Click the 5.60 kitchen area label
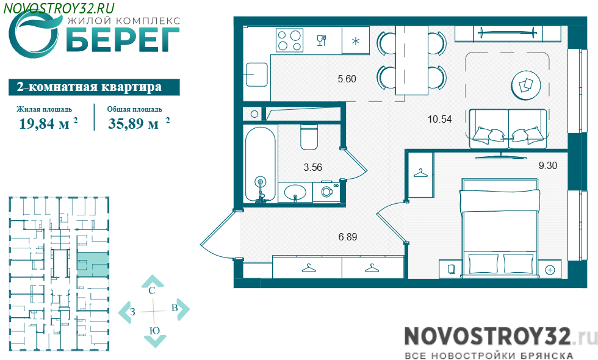347,79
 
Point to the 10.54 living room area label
439,120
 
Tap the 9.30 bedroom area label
548,165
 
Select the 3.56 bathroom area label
312,167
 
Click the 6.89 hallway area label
348,237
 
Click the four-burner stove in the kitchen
289,40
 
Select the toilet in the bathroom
309,137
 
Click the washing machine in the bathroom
326,192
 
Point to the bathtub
260,164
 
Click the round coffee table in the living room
526,86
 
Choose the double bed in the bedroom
500,228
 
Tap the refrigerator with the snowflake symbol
355,40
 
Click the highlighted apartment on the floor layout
93,265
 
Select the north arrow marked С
153,283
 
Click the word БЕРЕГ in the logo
123,39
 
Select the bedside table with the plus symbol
550,269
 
